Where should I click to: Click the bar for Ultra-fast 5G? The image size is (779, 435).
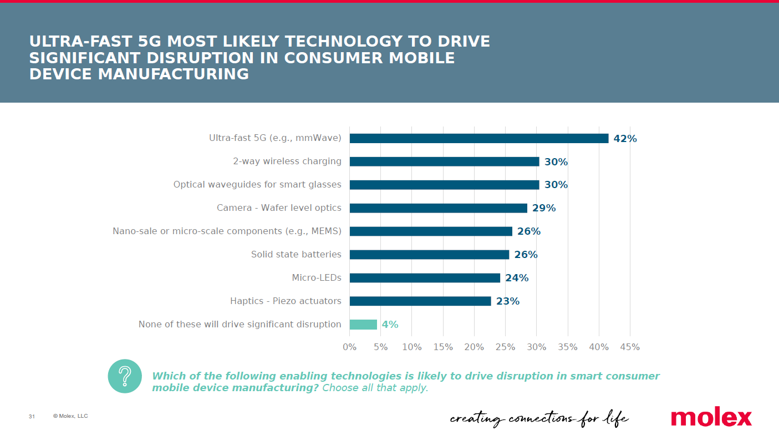click(x=478, y=138)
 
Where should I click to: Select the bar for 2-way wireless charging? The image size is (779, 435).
click(x=444, y=161)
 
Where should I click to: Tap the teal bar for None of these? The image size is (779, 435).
click(x=363, y=325)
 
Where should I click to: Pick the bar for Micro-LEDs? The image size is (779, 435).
click(x=425, y=278)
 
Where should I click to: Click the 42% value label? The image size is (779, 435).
click(x=625, y=139)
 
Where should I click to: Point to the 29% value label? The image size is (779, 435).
click(x=544, y=208)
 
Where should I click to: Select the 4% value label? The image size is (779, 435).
click(x=390, y=325)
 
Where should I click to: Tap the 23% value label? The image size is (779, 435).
click(x=507, y=301)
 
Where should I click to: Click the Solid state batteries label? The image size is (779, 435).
click(x=296, y=255)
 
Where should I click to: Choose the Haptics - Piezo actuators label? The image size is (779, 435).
click(x=286, y=301)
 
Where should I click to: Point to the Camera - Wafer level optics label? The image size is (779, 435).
click(x=279, y=208)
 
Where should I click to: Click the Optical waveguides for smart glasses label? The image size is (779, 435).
click(x=257, y=185)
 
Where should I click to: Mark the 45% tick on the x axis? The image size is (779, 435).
click(x=630, y=347)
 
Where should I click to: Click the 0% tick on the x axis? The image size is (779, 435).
click(x=349, y=347)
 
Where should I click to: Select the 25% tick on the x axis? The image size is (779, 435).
click(x=505, y=347)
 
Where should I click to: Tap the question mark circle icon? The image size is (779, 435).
click(x=125, y=376)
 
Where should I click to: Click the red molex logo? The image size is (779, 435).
click(x=711, y=417)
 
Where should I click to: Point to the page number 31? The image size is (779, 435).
click(x=32, y=417)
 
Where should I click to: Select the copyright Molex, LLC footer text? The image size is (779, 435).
click(x=70, y=416)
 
